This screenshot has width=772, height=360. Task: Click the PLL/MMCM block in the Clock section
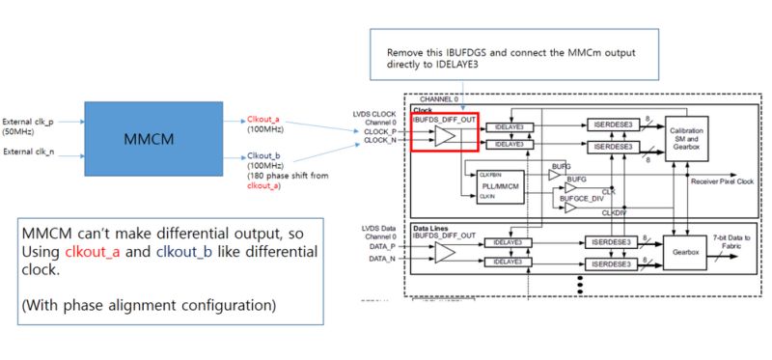tap(499, 184)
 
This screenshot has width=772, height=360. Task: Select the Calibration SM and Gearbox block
tap(686, 137)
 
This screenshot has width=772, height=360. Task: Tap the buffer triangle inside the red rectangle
tap(444, 136)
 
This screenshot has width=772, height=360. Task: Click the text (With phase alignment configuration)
tap(149, 306)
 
